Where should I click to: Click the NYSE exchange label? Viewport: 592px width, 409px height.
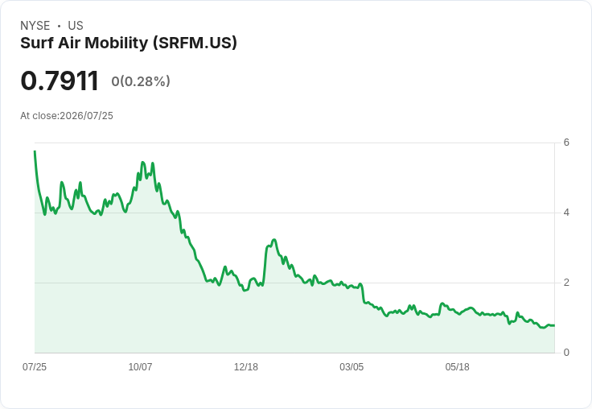(x=35, y=26)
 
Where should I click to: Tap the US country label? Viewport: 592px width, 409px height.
(x=76, y=26)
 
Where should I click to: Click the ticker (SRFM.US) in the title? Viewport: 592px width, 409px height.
(x=195, y=43)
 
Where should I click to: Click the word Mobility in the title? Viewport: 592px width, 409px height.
(x=117, y=43)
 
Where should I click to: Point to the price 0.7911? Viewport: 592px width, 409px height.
(x=60, y=81)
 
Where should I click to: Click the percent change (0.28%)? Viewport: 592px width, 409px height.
(x=145, y=81)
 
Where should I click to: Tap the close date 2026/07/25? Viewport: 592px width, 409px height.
(x=86, y=116)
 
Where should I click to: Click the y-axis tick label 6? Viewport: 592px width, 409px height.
(x=566, y=143)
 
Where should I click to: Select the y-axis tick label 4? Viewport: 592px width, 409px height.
(x=566, y=213)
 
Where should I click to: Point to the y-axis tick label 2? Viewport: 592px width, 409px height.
(x=566, y=283)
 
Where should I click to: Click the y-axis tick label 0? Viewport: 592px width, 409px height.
(x=566, y=353)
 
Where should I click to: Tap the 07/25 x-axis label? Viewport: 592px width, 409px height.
(x=35, y=367)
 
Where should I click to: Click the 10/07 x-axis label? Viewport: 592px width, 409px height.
(x=140, y=367)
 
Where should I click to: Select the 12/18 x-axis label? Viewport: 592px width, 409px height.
(x=246, y=367)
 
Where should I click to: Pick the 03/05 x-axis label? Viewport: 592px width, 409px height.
(x=351, y=367)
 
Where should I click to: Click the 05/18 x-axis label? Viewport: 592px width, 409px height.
(x=457, y=367)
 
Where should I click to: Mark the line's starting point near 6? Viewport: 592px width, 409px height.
(x=35, y=151)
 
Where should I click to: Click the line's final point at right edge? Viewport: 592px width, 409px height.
(x=554, y=325)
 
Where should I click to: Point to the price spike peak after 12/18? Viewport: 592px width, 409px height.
(x=274, y=240)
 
